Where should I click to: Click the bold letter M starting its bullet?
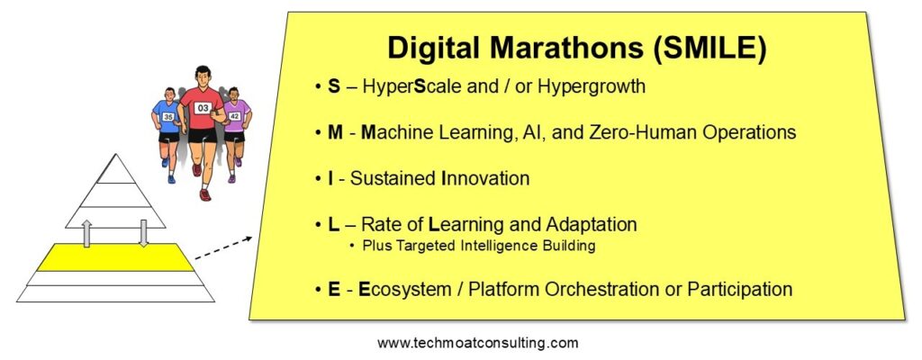(x=335, y=131)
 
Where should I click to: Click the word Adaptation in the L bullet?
(x=592, y=225)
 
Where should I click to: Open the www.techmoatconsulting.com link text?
(x=477, y=343)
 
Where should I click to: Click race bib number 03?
(x=203, y=108)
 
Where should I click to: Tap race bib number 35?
(x=168, y=117)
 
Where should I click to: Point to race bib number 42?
(x=234, y=116)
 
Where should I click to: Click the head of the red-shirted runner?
(x=203, y=76)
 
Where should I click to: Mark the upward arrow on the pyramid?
(x=86, y=233)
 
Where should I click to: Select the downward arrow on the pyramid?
(x=143, y=233)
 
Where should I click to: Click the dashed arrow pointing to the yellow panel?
(x=223, y=247)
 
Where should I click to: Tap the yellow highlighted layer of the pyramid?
(x=115, y=257)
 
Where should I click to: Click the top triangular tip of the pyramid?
(x=116, y=155)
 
